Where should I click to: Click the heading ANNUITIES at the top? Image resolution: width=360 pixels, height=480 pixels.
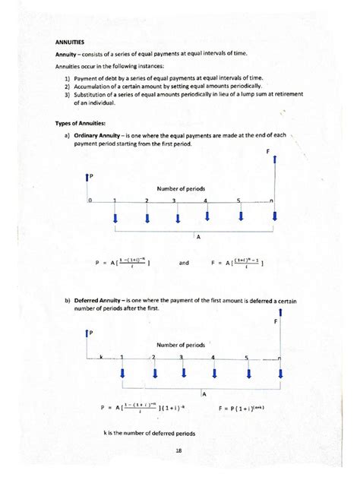pos(69,43)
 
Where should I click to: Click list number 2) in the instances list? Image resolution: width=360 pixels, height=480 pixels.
pos(68,86)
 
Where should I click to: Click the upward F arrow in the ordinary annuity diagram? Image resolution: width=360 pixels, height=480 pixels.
pos(274,168)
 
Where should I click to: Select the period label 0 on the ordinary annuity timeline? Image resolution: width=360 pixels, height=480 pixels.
pos(89,201)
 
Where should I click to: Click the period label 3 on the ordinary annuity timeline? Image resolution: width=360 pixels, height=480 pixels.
pos(175,201)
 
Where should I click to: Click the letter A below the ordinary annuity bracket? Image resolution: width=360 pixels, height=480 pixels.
pos(198,237)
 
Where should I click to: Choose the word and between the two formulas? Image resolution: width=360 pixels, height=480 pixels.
pos(185,263)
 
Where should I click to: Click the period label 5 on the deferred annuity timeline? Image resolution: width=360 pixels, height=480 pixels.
pos(247,357)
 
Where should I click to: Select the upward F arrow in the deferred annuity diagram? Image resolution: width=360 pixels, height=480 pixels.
pos(280,314)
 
